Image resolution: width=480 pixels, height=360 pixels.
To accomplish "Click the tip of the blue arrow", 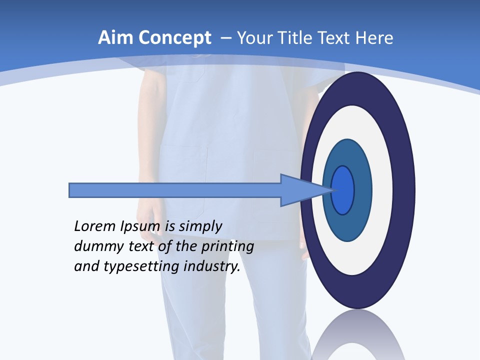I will point(331,190).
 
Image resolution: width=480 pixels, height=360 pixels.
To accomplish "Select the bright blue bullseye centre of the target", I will point(343,190).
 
